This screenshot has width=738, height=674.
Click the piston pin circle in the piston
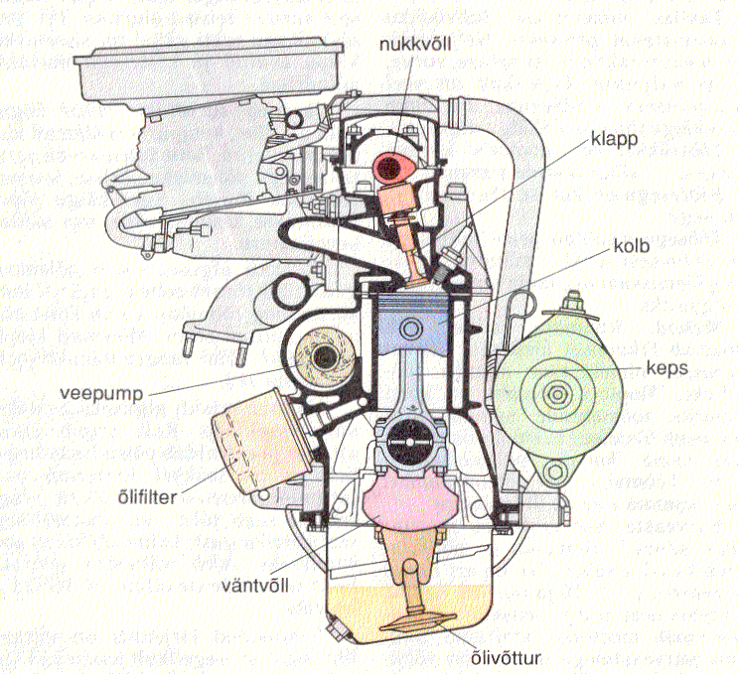pyautogui.click(x=411, y=329)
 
